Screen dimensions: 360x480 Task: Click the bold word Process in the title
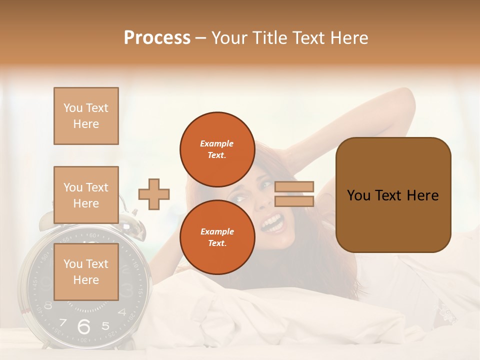(x=157, y=37)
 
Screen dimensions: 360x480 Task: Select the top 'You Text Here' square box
(x=86, y=116)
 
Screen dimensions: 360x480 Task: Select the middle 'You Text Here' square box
(x=86, y=195)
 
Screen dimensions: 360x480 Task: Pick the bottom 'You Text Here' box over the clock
(x=86, y=271)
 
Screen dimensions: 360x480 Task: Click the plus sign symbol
(x=154, y=194)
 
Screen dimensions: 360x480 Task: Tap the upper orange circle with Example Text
(x=217, y=149)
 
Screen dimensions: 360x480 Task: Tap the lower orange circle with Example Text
(x=217, y=237)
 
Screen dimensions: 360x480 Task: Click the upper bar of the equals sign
(x=294, y=187)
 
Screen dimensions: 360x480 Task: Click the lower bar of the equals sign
(x=294, y=201)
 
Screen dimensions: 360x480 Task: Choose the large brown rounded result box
(x=393, y=194)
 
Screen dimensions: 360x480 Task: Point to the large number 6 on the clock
(x=84, y=327)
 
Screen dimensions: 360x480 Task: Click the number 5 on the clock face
(x=105, y=326)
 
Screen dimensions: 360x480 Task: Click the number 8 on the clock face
(x=48, y=305)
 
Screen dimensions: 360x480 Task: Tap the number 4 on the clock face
(x=122, y=312)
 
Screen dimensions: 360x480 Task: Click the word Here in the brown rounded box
(x=422, y=195)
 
